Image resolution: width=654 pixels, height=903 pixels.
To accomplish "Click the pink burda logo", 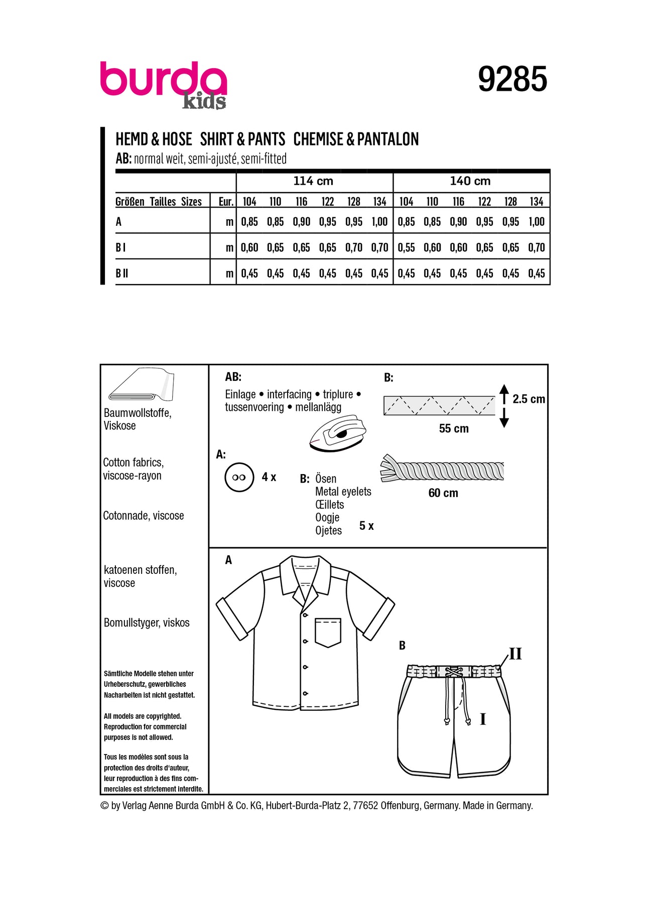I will [163, 80].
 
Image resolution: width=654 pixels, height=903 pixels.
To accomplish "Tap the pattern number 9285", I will [512, 79].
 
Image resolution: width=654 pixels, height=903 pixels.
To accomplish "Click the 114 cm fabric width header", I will [313, 181].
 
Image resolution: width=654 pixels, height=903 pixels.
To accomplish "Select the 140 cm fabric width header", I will [470, 181].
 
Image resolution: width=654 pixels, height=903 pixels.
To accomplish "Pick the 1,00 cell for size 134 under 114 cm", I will [379, 222].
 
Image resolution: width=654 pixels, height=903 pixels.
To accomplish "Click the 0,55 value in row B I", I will [406, 248].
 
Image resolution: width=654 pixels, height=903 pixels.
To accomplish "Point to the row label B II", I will [122, 273].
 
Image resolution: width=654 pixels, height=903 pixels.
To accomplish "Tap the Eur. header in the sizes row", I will [226, 202].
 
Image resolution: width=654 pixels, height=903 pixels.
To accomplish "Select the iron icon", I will [337, 433].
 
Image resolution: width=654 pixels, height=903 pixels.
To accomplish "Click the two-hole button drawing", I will [239, 477].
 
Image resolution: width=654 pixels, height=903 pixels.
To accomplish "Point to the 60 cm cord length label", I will [443, 493].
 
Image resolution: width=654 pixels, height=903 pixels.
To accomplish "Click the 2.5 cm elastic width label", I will [529, 399].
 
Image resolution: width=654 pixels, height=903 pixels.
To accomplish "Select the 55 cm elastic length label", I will [454, 428].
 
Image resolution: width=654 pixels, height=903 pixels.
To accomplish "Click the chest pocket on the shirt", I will [328, 632].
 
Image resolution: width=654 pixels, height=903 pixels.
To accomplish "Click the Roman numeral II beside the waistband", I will [515, 654].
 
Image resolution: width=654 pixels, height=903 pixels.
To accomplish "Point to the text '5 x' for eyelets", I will [366, 526].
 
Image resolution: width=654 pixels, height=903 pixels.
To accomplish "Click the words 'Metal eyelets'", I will [343, 492].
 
